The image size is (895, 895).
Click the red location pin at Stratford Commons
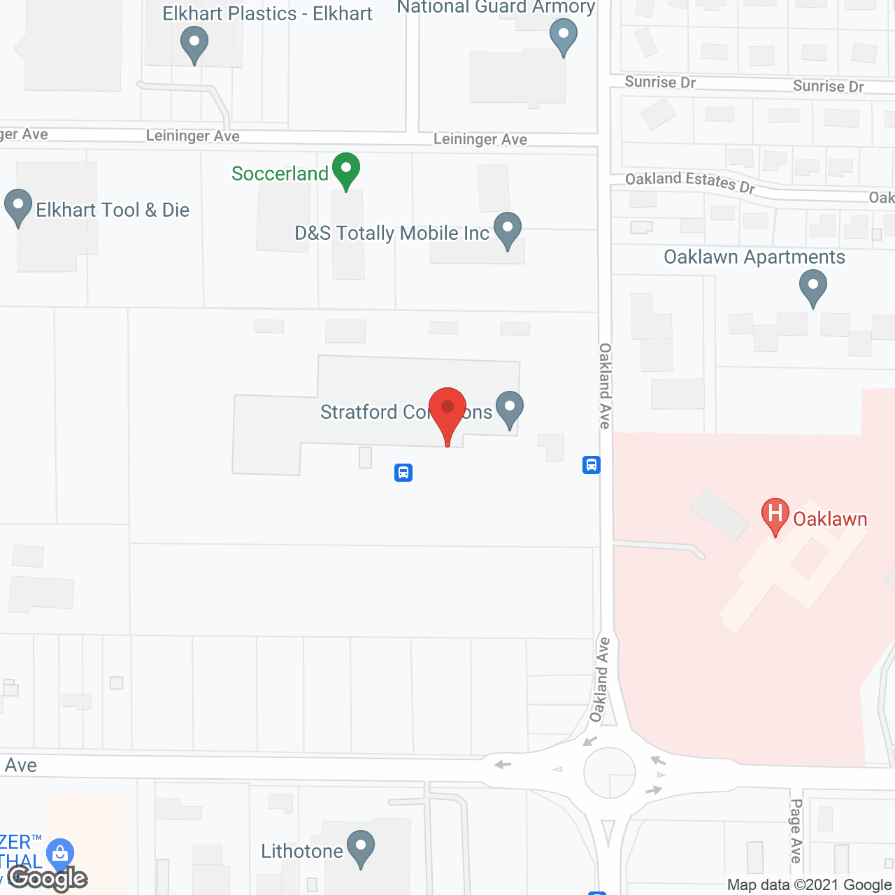[x=447, y=409]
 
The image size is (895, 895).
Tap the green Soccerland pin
[x=346, y=169]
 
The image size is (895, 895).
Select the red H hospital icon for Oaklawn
[x=775, y=515]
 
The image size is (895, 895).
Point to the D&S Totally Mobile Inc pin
[x=508, y=229]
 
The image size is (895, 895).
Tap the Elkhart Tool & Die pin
[x=18, y=206]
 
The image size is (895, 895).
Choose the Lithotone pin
[x=361, y=847]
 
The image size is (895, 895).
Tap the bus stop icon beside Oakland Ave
[x=592, y=465]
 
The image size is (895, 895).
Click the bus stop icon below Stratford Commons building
[x=403, y=473]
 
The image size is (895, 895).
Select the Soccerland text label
[x=280, y=173]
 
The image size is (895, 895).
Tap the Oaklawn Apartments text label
[x=754, y=257]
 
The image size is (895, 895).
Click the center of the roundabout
[x=609, y=773]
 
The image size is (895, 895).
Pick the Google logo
[x=48, y=878]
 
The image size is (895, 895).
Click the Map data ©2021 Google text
[x=809, y=885]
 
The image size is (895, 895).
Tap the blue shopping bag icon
[x=60, y=853]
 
